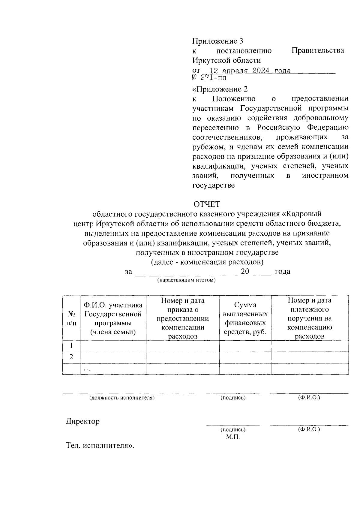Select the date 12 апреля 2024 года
pyautogui.click(x=250, y=71)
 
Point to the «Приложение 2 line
pyautogui.click(x=220, y=89)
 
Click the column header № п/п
pyautogui.click(x=71, y=318)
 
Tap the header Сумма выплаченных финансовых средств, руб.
pyautogui.click(x=245, y=318)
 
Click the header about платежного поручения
pyautogui.click(x=309, y=318)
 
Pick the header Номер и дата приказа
pyautogui.click(x=182, y=318)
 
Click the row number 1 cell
pyautogui.click(x=71, y=346)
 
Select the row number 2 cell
pyautogui.click(x=71, y=357)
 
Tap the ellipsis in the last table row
pyautogui.click(x=87, y=369)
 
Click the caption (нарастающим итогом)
pyautogui.click(x=186, y=280)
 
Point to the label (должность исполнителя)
pyautogui.click(x=121, y=398)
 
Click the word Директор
pyautogui.click(x=82, y=421)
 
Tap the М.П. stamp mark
pyautogui.click(x=233, y=437)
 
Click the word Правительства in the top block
pyautogui.click(x=318, y=50)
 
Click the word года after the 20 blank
pyautogui.click(x=282, y=272)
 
